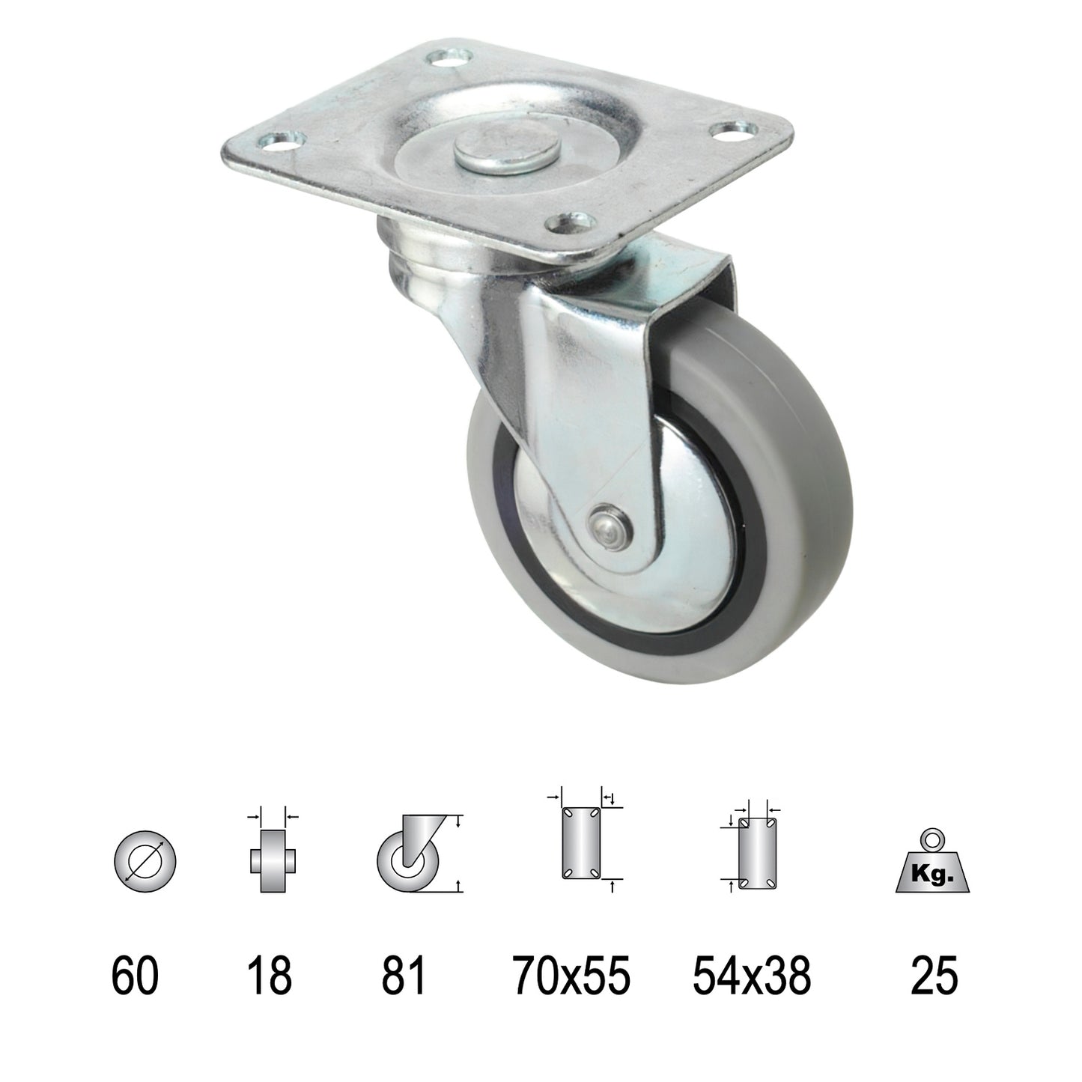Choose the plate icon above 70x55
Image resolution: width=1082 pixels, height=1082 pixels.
click(x=580, y=842)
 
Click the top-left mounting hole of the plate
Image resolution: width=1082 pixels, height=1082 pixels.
click(x=452, y=58)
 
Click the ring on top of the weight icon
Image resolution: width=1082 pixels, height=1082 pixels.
click(x=934, y=839)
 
